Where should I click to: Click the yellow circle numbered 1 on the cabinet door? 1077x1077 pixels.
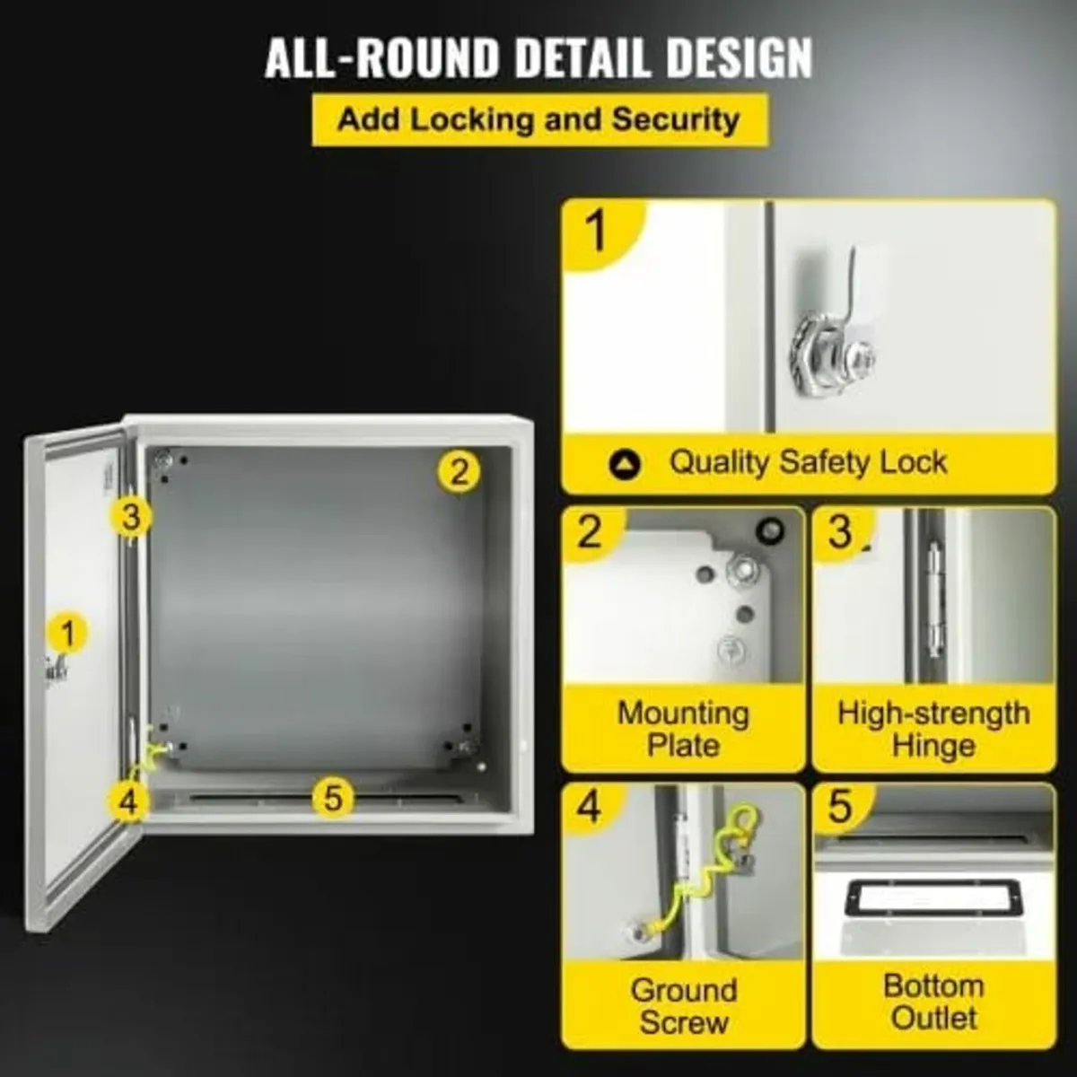pyautogui.click(x=68, y=634)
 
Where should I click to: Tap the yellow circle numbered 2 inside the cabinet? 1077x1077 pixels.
pyautogui.click(x=459, y=469)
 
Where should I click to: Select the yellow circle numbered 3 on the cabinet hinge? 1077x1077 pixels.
pyautogui.click(x=131, y=517)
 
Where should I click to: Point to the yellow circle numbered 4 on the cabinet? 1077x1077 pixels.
pyautogui.click(x=129, y=800)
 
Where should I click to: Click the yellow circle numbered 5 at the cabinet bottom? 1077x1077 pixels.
pyautogui.click(x=333, y=796)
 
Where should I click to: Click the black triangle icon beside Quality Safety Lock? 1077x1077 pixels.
pyautogui.click(x=625, y=464)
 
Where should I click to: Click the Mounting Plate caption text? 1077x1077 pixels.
pyautogui.click(x=683, y=729)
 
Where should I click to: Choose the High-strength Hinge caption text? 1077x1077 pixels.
pyautogui.click(x=933, y=729)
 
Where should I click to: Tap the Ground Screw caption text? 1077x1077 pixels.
pyautogui.click(x=683, y=1005)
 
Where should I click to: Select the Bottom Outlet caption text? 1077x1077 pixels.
pyautogui.click(x=933, y=1002)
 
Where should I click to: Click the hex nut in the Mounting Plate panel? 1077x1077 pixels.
pyautogui.click(x=742, y=566)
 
